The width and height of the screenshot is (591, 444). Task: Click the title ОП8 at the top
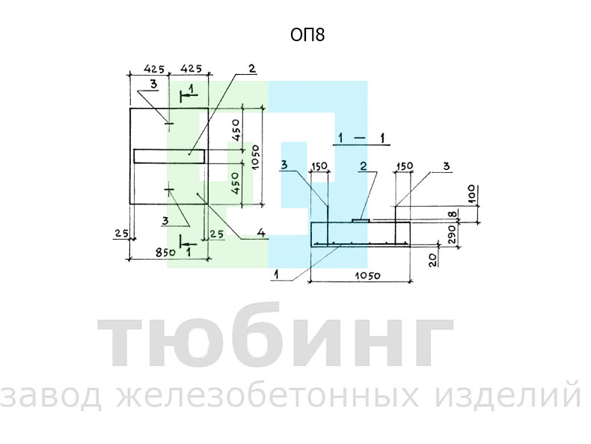pos(307,34)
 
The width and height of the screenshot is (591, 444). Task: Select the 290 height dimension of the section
pos(453,234)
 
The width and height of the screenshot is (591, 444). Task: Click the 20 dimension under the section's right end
pos(433,260)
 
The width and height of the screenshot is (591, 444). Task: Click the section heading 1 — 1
pos(361,139)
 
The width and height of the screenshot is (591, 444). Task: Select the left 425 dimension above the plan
pos(154,70)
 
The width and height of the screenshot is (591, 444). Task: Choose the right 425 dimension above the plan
pos(191,69)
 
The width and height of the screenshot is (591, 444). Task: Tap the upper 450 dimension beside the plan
pos(236,130)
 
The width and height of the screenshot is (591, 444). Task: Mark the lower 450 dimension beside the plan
pos(235,183)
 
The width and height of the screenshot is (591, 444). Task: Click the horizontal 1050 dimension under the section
pos(367,276)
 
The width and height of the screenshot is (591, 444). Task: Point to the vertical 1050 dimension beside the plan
pos(255,157)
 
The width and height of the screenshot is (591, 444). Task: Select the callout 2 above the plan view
pos(251,68)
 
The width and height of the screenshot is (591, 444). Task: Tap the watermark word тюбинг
pos(275,336)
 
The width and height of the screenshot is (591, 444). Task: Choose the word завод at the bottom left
pos(51,397)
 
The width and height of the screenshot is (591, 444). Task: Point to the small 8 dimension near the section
pos(453,214)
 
